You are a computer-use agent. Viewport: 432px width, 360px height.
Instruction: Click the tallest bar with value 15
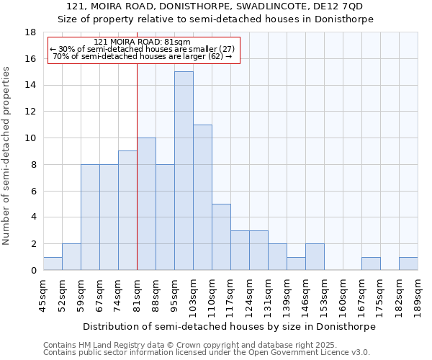tap(184, 171)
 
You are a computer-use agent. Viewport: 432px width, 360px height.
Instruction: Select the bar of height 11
tap(202, 197)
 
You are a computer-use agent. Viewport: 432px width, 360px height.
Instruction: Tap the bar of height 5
tap(221, 237)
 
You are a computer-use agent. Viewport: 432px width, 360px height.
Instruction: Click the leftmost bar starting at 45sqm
tap(53, 264)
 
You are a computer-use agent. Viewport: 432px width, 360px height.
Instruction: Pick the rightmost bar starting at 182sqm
tap(408, 264)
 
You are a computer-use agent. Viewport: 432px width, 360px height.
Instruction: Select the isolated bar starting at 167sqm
tap(371, 264)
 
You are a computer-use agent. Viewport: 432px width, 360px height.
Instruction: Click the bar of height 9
tap(127, 210)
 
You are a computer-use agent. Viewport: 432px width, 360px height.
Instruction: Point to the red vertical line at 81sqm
tap(137, 166)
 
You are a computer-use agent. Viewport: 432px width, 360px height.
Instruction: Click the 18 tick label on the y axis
tap(30, 32)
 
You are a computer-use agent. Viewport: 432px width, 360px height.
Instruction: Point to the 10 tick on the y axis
tap(30, 138)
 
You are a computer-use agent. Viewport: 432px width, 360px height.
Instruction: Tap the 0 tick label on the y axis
tap(33, 271)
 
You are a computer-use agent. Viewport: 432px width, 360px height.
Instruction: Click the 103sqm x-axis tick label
tap(193, 294)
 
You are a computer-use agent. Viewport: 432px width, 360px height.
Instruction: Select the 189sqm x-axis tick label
tap(418, 294)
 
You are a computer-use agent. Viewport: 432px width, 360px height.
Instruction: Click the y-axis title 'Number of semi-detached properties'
tap(7, 155)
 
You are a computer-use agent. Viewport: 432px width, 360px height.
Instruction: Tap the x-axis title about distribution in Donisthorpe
tap(229, 326)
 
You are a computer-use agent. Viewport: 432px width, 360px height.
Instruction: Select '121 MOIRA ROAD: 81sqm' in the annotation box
tap(142, 42)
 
